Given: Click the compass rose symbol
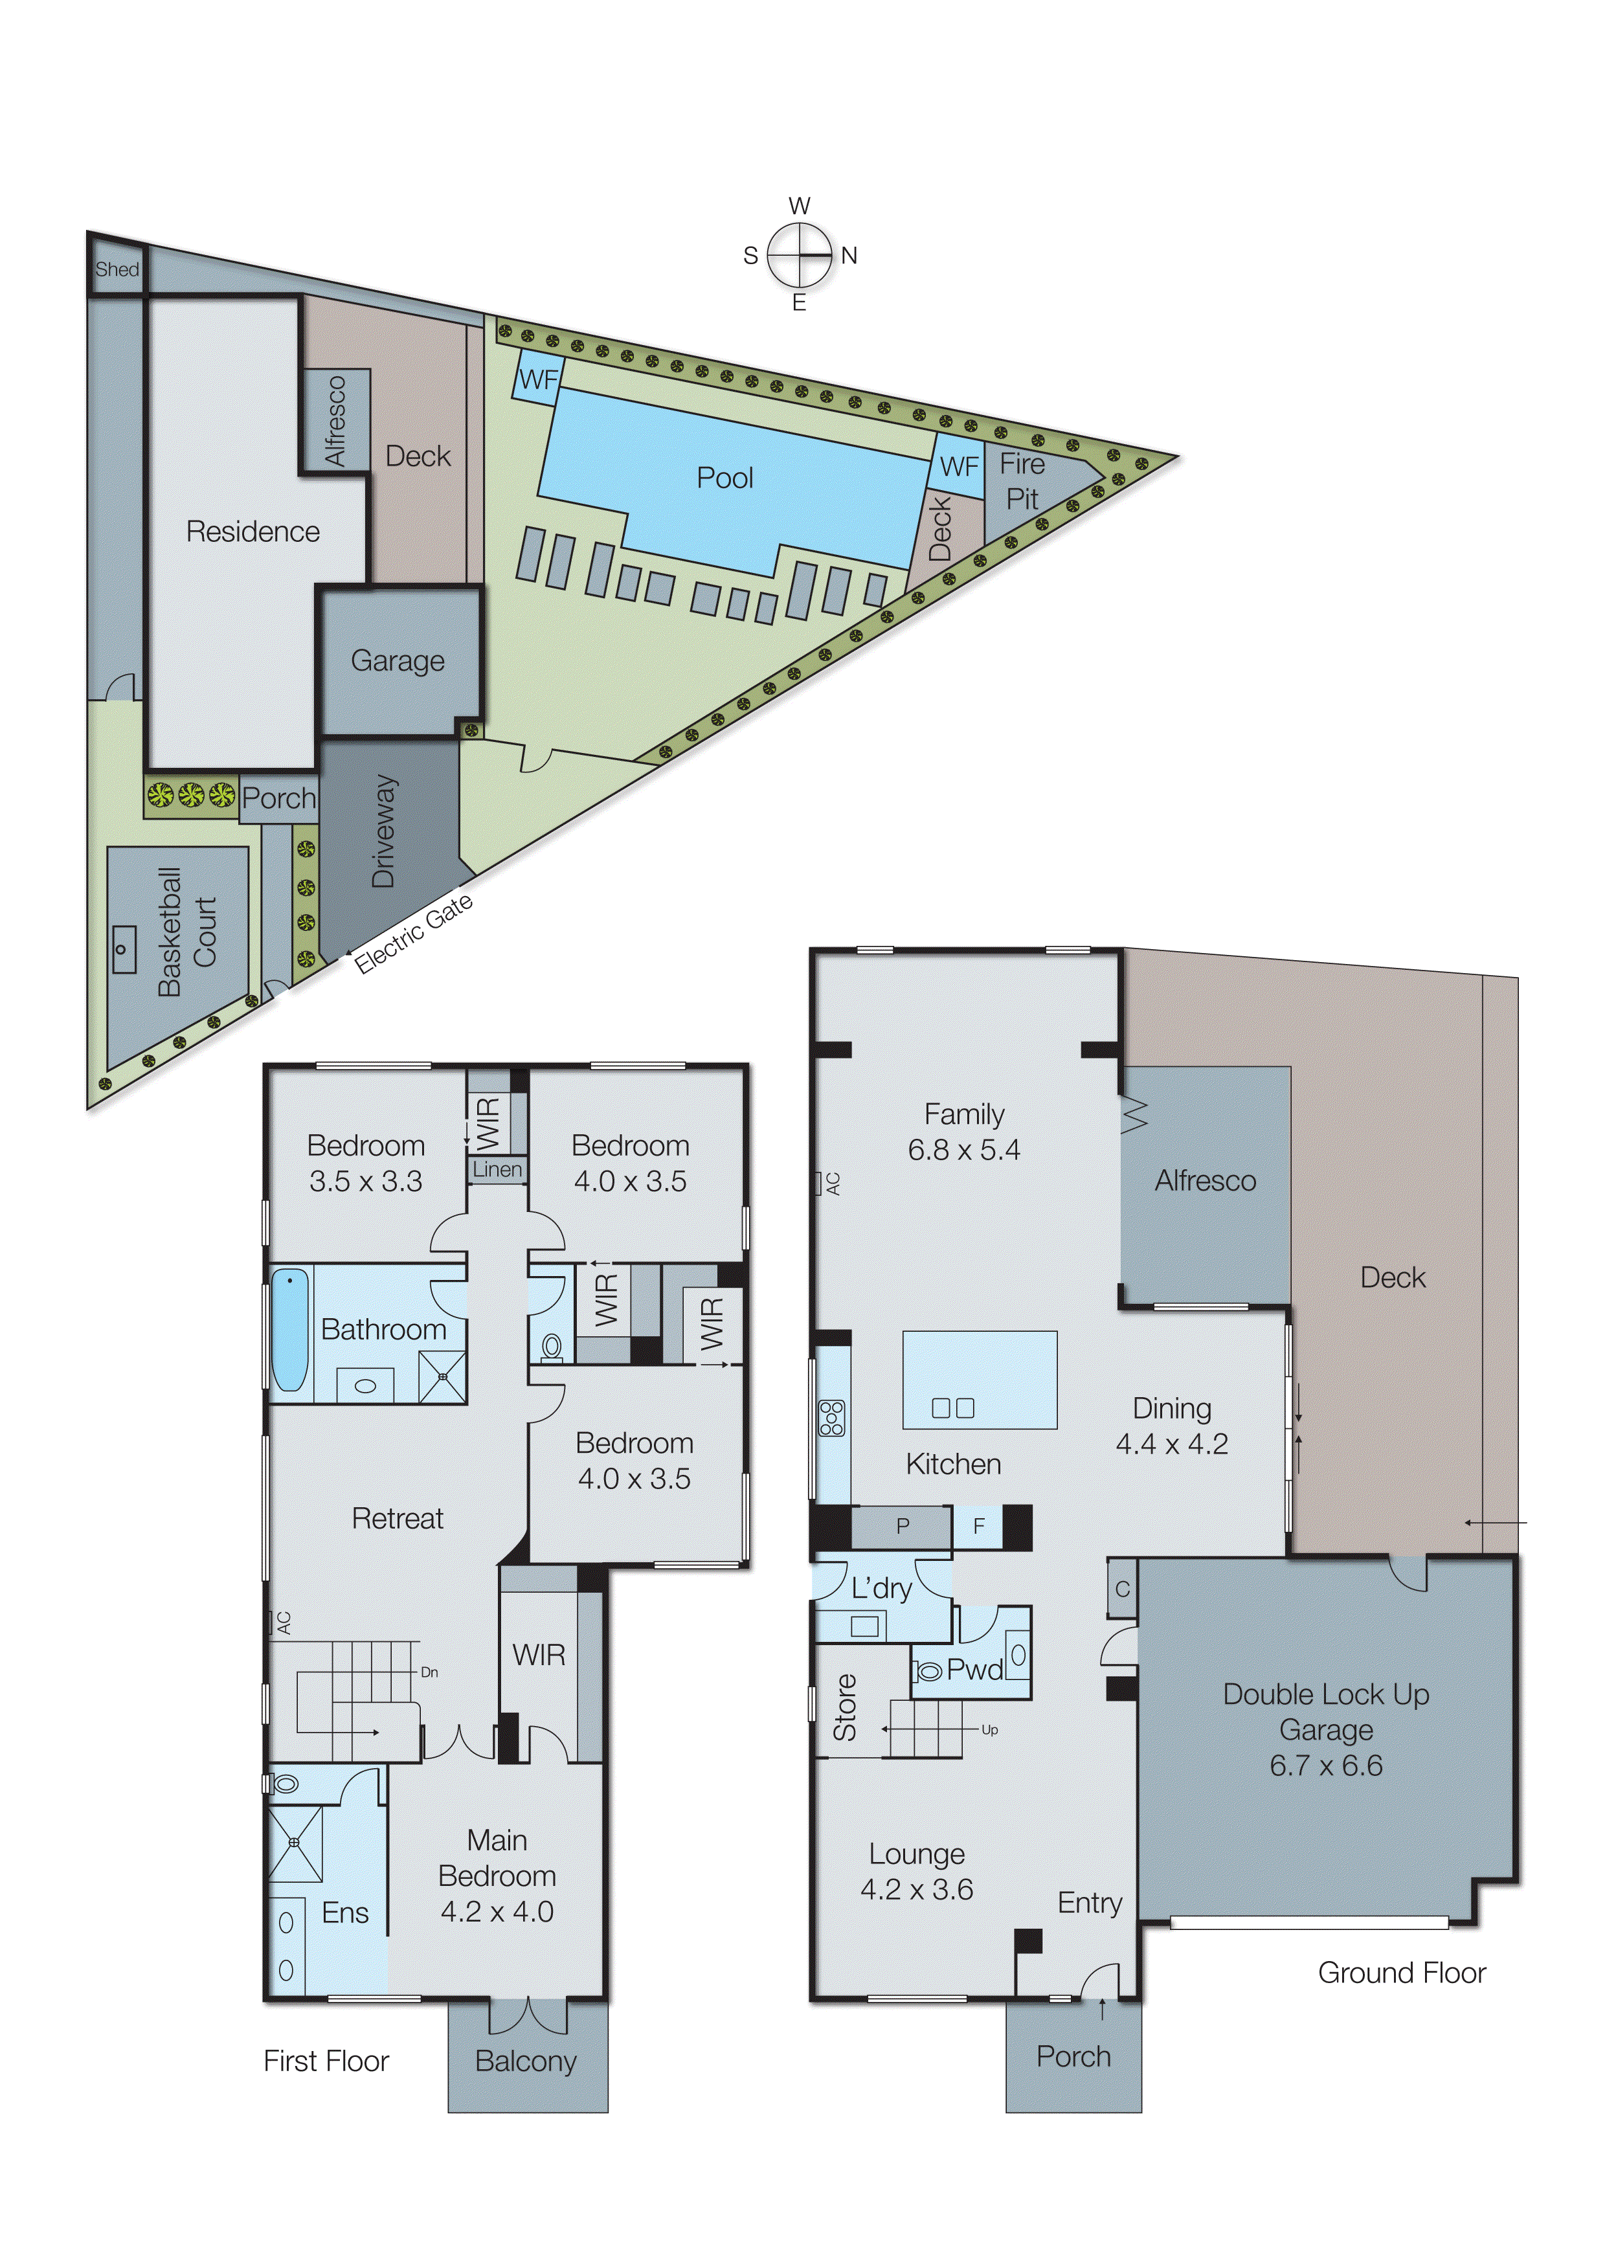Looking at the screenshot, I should point(800,255).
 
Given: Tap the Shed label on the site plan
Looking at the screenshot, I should point(117,269).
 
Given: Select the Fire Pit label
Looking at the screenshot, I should point(1022,481).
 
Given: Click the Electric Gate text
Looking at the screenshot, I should point(414,933).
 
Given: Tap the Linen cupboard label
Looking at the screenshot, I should point(497,1169).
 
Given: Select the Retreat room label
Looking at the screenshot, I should point(398,1518).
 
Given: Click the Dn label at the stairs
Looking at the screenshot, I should point(429,1672).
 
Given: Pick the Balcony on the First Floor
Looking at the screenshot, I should point(526,2061).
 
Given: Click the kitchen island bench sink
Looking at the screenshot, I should point(953,1408).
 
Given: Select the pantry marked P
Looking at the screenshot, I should point(903,1526).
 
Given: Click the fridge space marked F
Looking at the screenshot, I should point(978,1526).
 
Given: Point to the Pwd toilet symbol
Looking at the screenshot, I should point(929,1671).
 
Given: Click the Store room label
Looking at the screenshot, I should point(845,1707).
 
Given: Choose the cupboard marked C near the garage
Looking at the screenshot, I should point(1122,1589).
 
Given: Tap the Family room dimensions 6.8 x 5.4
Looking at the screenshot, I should point(963,1149).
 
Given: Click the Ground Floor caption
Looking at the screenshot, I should point(1402,1973).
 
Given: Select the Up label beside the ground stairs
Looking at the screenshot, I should point(989,1729).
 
